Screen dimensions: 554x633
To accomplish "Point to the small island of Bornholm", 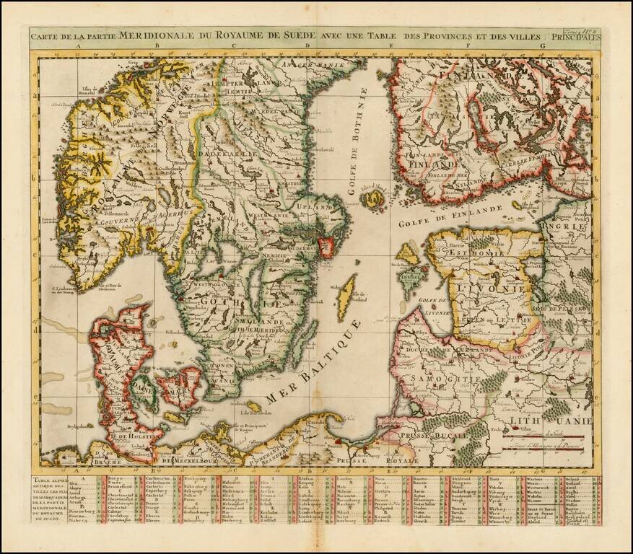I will pos(253,407).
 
